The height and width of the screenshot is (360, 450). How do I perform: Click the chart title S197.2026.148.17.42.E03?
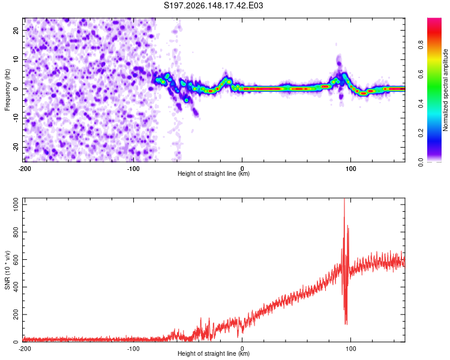tap(213, 5)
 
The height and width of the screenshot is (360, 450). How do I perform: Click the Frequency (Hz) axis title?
tap(7, 90)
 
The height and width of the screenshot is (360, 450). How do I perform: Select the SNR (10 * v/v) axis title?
tap(7, 270)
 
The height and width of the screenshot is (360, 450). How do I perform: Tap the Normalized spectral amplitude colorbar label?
tap(445, 90)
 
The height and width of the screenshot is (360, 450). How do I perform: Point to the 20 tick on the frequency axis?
tap(16, 31)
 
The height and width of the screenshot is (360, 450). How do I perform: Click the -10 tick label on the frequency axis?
tap(16, 118)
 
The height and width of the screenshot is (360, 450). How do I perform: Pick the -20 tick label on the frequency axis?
tap(16, 147)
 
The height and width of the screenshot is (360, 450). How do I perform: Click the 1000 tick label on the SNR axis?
tap(16, 205)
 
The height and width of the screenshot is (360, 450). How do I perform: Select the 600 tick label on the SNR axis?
tap(16, 260)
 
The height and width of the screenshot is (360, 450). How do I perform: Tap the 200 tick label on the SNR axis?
tap(16, 314)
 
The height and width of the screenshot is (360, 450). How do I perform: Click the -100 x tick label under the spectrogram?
tap(133, 169)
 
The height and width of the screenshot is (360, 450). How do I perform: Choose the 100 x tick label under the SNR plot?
tap(350, 349)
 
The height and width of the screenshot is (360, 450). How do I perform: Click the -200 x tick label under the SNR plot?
tap(25, 349)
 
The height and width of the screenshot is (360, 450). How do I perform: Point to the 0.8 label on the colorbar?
tap(421, 45)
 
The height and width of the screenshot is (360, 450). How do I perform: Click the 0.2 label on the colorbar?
tap(421, 133)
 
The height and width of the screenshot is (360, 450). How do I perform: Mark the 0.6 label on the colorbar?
tap(421, 74)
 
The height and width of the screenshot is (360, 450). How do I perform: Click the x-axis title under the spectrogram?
tap(214, 173)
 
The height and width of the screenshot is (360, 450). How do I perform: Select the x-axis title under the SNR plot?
tap(214, 353)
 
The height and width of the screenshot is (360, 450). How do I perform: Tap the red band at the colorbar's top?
tap(434, 28)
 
